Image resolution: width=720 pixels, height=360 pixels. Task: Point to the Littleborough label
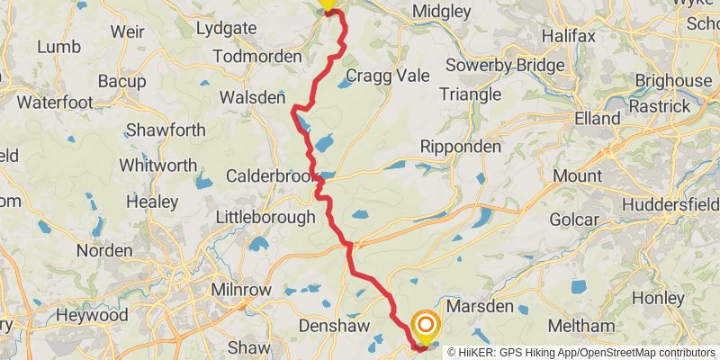(266, 217)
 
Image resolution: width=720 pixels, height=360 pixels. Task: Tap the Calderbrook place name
(266, 175)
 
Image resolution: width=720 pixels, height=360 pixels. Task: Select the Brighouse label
(672, 81)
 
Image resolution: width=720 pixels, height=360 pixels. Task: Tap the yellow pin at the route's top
(328, 4)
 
